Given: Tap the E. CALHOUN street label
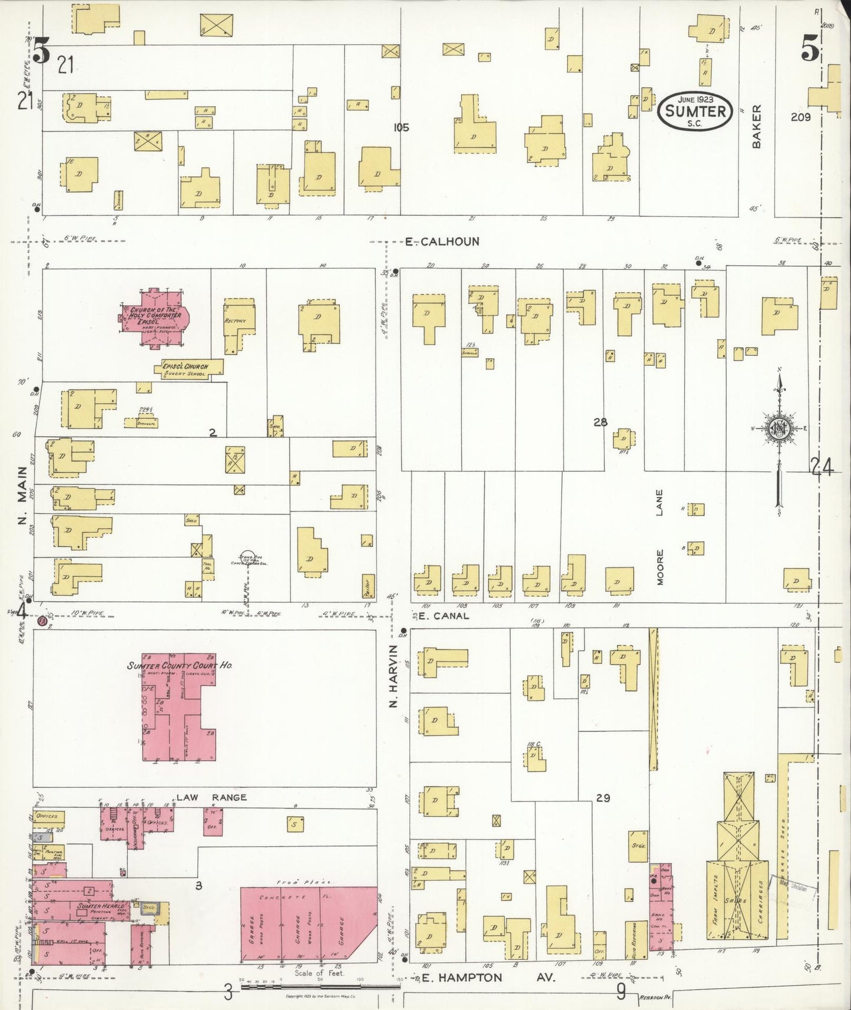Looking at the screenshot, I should (442, 242).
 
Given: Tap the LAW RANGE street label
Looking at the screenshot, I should (211, 797).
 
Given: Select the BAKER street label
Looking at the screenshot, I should (757, 126).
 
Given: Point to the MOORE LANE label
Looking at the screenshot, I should (660, 536).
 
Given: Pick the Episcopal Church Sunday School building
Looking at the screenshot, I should (188, 369).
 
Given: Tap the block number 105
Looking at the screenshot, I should (401, 127).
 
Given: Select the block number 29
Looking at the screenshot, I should (602, 798).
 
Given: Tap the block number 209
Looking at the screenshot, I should (801, 117).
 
